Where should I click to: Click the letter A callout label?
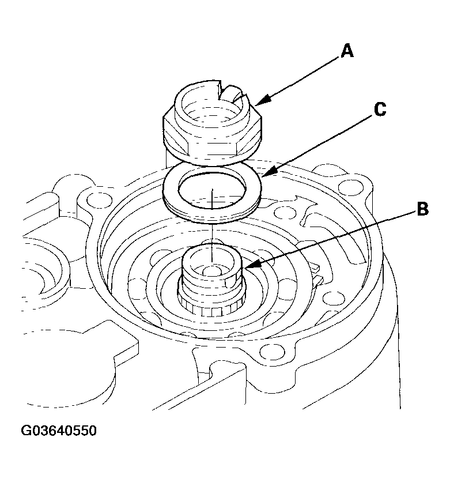tap(346, 51)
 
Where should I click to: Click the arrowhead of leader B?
tap(246, 267)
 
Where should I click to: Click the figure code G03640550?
tap(59, 431)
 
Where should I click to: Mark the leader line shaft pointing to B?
tap(334, 237)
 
